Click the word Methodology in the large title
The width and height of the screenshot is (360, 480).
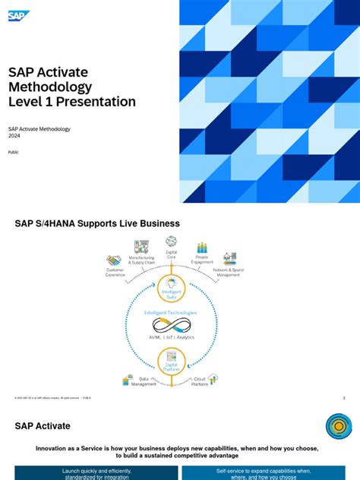tap(50, 87)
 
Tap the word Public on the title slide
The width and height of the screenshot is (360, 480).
tap(14, 152)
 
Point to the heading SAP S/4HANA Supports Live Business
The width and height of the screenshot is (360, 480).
tap(97, 224)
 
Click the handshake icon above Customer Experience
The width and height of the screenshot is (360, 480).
tap(115, 261)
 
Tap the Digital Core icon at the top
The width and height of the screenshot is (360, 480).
tap(172, 242)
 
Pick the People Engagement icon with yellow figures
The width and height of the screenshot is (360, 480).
tap(202, 248)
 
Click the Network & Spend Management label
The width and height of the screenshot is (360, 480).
tap(229, 272)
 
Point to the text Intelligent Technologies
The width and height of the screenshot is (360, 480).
tap(171, 312)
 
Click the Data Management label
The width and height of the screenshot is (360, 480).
tap(144, 381)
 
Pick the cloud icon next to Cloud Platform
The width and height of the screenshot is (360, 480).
tap(213, 378)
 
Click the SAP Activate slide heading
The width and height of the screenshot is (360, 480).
tap(43, 426)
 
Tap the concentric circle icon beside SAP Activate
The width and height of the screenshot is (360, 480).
tap(339, 427)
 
